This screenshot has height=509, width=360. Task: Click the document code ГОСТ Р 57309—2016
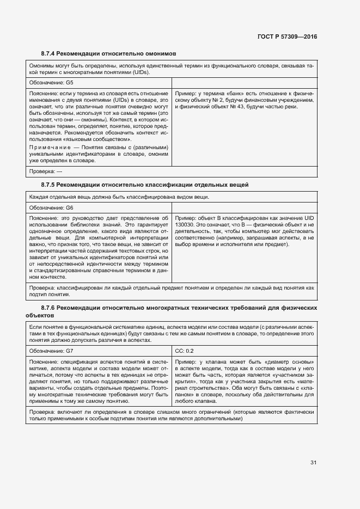[286, 36]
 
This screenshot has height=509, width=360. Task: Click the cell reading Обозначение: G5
[51, 83]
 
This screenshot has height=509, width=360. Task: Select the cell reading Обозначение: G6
[51, 208]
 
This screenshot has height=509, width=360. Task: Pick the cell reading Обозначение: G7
[51, 351]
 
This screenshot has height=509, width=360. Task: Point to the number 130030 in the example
[185, 224]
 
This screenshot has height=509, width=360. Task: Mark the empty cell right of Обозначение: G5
[244, 83]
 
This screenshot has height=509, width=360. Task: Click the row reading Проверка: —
[46, 171]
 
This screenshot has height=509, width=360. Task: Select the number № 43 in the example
[229, 107]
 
